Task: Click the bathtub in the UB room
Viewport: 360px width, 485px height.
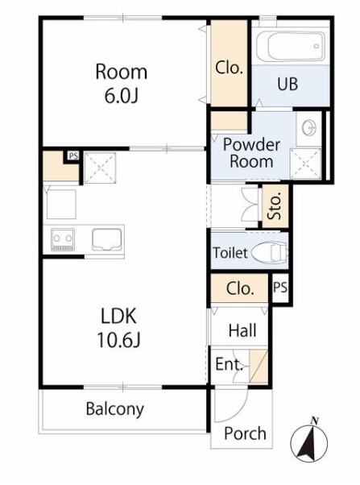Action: tap(291, 46)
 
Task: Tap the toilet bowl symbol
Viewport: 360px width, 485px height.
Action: tap(270, 252)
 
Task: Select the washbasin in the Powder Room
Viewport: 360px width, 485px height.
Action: tap(308, 128)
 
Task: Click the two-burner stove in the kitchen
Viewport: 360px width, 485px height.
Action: tap(63, 239)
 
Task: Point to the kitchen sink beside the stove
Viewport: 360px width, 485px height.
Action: tap(106, 239)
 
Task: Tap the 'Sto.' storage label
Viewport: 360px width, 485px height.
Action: tap(275, 206)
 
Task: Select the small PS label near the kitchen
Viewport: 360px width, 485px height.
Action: tap(73, 155)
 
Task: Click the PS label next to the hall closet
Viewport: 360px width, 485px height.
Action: tap(280, 288)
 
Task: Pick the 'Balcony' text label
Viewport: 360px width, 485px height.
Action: tap(114, 409)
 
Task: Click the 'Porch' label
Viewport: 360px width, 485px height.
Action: tap(245, 433)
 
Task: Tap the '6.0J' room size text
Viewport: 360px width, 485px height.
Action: tap(122, 96)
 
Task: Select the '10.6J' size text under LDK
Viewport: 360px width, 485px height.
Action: tap(119, 340)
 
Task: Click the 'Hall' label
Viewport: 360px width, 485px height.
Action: tap(242, 330)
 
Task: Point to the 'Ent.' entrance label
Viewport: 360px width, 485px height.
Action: tap(229, 364)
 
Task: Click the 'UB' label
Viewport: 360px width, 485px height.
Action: tap(288, 84)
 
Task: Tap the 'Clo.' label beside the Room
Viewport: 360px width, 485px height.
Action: tap(229, 68)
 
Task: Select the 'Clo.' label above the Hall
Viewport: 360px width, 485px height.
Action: tap(240, 288)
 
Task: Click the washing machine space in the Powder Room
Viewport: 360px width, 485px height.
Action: tap(305, 164)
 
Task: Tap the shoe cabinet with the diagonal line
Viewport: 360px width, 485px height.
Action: tap(259, 367)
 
